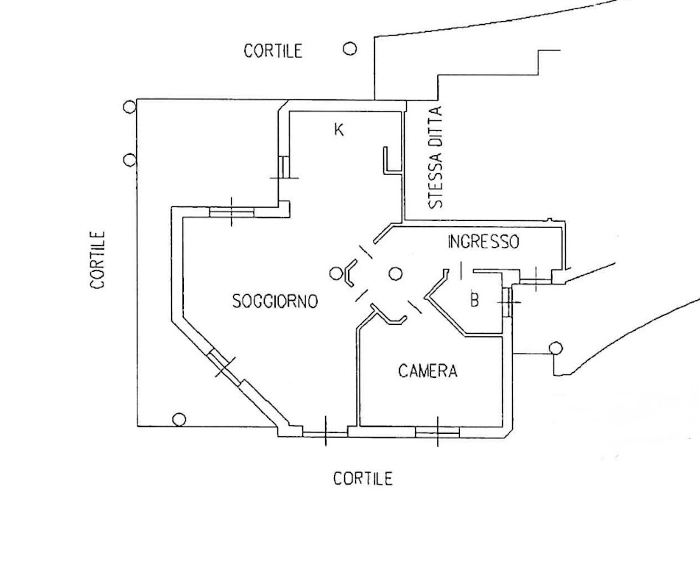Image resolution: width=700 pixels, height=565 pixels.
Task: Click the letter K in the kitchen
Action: [339, 130]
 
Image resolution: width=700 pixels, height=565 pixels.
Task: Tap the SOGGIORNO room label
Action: [275, 301]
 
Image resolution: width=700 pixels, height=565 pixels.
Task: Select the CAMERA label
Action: [428, 371]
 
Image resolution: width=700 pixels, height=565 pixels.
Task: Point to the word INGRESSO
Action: [484, 242]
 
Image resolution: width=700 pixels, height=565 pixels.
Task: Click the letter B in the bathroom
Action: [474, 300]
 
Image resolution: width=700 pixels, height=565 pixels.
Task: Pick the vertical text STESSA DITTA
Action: [436, 158]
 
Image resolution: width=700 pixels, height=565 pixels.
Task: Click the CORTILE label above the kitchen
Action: [272, 51]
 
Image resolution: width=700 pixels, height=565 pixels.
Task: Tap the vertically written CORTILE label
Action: [98, 260]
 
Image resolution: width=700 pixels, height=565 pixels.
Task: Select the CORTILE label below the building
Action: [363, 478]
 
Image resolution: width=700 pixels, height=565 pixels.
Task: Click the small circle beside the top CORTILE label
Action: [349, 48]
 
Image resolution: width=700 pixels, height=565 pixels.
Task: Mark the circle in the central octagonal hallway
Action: [396, 274]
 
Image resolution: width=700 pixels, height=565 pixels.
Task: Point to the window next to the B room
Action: [507, 301]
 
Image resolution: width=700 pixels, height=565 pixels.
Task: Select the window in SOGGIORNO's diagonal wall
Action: [225, 368]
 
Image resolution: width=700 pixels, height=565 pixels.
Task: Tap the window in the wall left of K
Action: [284, 167]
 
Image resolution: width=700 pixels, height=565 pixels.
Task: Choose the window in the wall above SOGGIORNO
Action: [232, 211]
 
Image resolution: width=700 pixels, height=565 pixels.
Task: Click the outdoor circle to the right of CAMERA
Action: [556, 348]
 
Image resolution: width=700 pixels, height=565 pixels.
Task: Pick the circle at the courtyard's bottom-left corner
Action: [179, 419]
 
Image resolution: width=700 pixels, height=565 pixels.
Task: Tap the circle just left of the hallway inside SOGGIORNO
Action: [336, 274]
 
